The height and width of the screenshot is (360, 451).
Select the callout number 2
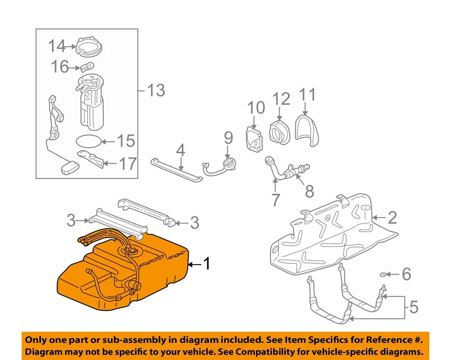tap(392, 217)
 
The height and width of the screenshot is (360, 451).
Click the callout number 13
tap(156, 90)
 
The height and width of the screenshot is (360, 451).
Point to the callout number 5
tap(413, 307)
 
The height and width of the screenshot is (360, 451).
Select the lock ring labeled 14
tap(89, 46)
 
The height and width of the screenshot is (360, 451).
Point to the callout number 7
tap(275, 199)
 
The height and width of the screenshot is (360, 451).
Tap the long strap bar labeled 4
tap(176, 169)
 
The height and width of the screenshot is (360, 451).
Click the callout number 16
tap(60, 67)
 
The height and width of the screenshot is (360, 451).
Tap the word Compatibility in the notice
tap(272, 352)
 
